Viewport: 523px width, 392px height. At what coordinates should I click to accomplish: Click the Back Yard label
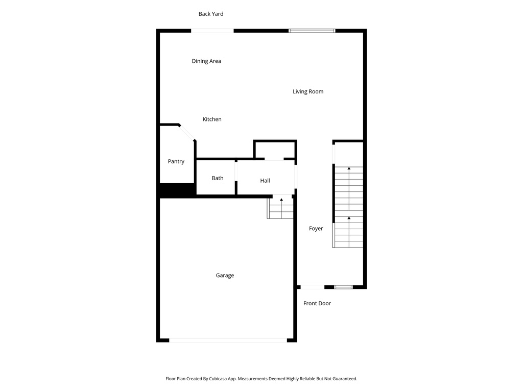pyautogui.click(x=211, y=14)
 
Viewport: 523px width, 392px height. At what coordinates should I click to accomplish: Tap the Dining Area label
pyautogui.click(x=206, y=61)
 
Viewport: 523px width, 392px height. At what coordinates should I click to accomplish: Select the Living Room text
pyautogui.click(x=308, y=92)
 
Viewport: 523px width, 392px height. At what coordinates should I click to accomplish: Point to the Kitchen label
pyautogui.click(x=212, y=119)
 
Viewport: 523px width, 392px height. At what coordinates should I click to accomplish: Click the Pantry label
pyautogui.click(x=176, y=162)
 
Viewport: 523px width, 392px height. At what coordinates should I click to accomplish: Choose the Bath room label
pyautogui.click(x=218, y=178)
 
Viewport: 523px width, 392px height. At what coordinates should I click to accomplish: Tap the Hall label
pyautogui.click(x=265, y=181)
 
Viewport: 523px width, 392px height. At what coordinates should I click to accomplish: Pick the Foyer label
pyautogui.click(x=316, y=229)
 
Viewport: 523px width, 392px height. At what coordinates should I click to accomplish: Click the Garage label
pyautogui.click(x=225, y=276)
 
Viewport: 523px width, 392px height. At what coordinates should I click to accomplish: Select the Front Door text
pyautogui.click(x=317, y=304)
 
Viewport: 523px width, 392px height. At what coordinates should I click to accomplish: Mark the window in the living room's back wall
pyautogui.click(x=312, y=31)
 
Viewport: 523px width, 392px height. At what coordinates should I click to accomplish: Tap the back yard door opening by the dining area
pyautogui.click(x=212, y=31)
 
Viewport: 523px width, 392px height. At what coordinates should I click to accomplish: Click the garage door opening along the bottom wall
pyautogui.click(x=228, y=340)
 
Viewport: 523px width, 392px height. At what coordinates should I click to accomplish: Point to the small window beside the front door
pyautogui.click(x=343, y=287)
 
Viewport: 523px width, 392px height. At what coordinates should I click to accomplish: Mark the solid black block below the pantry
pyautogui.click(x=177, y=190)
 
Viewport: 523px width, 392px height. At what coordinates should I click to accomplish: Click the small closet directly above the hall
pyautogui.click(x=275, y=150)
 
